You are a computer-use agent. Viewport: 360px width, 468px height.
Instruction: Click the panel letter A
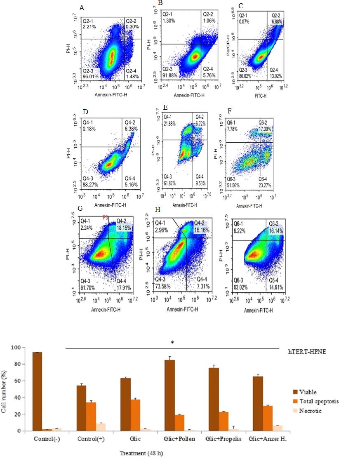[82, 7]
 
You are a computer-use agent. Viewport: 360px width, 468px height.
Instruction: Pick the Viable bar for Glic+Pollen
[169, 395]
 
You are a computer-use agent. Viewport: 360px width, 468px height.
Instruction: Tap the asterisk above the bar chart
[178, 342]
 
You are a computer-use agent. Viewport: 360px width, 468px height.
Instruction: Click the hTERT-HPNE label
[306, 351]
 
